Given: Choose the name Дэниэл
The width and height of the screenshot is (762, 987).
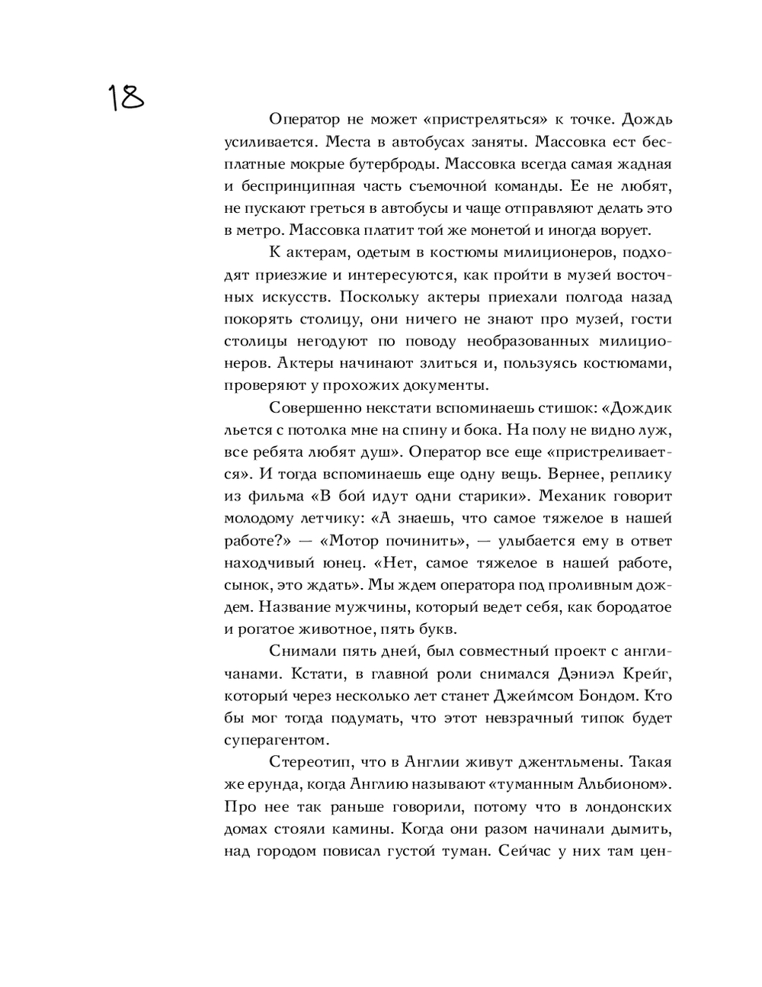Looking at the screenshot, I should pos(561,674).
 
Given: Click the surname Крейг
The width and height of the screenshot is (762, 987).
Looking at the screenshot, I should pos(645,674).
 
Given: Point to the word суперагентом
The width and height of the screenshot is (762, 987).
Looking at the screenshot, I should pos(276,740).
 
